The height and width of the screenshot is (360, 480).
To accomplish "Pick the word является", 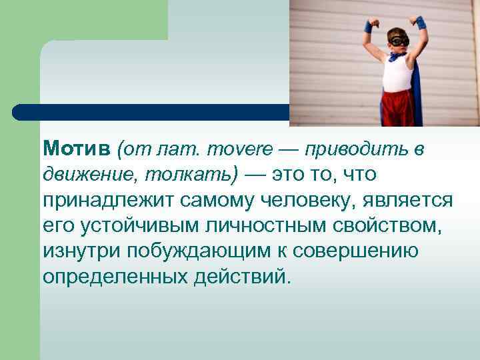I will [414, 201].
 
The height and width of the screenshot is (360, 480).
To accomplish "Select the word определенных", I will [114, 277].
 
